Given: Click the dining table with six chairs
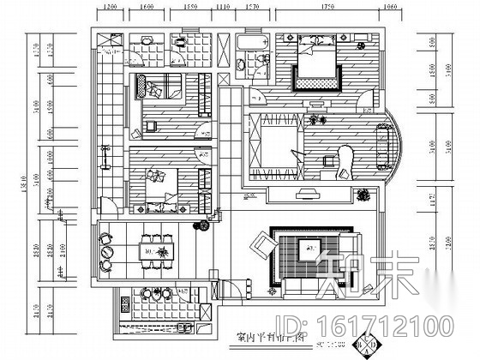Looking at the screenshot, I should pos(156,251).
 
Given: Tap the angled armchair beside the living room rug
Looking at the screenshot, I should pos(260,249).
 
